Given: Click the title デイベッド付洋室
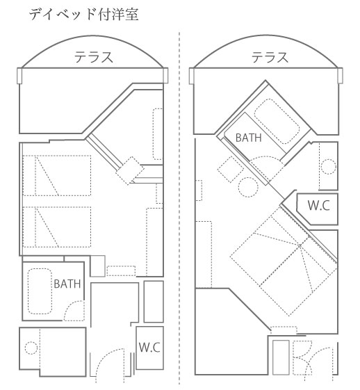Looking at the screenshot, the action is point(84,14).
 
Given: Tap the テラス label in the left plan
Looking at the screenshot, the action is point(94,57).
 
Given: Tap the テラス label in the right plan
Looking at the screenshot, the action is point(270,57).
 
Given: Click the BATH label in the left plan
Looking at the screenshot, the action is point(67,284).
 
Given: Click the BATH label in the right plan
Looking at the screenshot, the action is point(249,138).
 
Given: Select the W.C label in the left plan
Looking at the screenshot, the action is point(149,347).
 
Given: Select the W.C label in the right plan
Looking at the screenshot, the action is point(319,206).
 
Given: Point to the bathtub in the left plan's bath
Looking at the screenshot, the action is point(40,291).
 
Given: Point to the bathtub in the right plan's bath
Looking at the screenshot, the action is point(277,122).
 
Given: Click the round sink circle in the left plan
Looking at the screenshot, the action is point(31,348).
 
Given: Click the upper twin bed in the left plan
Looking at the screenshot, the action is point(57,175).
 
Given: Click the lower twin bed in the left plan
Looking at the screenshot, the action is point(57,227).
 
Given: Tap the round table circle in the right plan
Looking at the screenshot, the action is point(248,187).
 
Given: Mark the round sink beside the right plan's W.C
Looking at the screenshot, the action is point(329,166).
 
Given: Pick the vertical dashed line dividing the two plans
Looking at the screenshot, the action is point(179,209).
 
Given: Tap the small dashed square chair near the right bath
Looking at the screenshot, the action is point(231,170).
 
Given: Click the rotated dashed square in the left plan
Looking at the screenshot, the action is point(130,170).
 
